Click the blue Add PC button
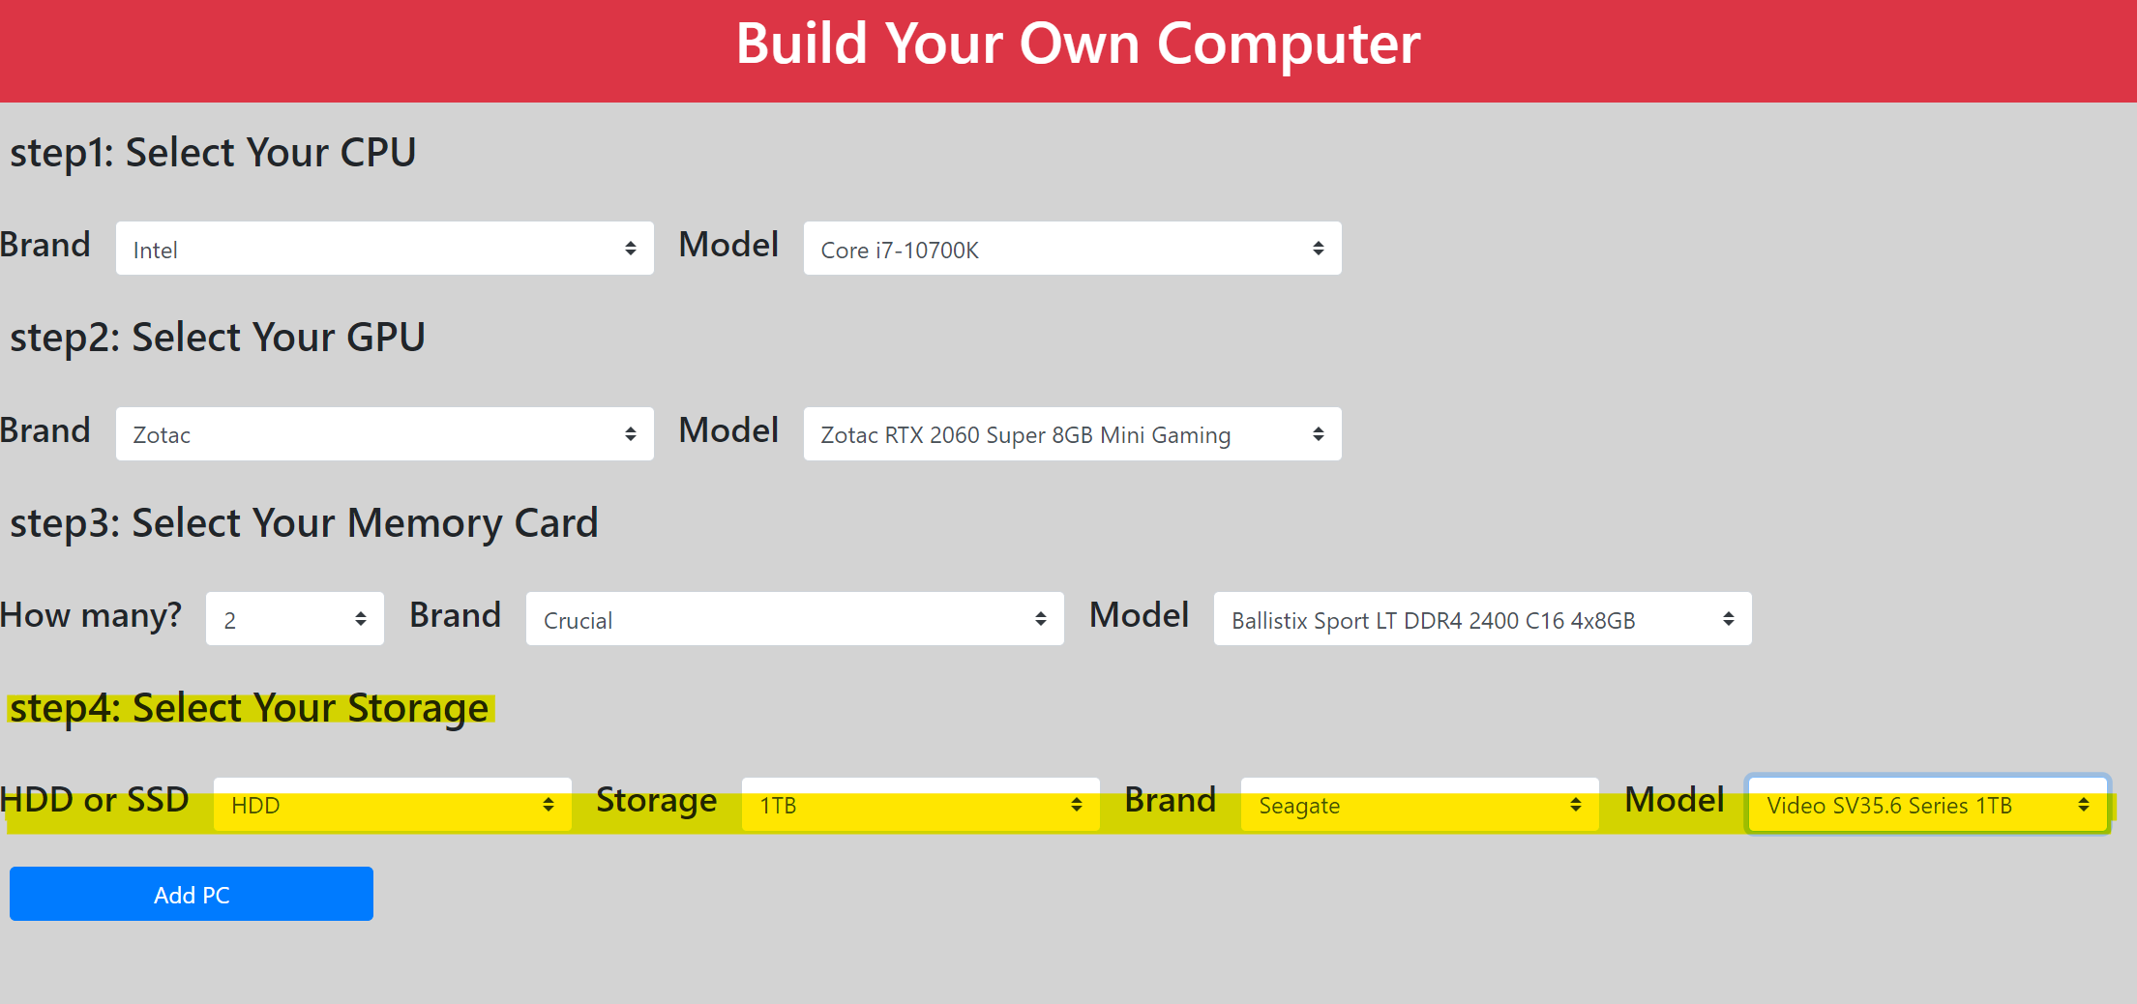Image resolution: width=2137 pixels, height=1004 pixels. (192, 894)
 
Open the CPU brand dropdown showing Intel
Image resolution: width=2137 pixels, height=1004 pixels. (385, 249)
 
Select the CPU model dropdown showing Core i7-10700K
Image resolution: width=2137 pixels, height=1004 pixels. (1072, 249)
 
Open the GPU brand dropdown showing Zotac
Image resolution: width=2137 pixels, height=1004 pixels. (385, 433)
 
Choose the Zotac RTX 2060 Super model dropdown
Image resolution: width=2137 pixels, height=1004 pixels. (1072, 433)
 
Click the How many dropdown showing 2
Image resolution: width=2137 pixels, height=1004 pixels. (295, 619)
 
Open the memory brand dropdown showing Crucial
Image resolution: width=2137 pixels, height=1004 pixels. (795, 619)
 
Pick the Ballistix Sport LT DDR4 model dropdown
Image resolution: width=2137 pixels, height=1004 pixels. (1482, 619)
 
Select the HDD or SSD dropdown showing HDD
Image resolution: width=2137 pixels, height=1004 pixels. (393, 805)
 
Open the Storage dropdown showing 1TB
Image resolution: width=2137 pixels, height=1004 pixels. (921, 805)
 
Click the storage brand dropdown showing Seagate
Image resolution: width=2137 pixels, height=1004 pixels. (1420, 805)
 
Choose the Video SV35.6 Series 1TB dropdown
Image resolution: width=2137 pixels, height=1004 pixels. (1928, 805)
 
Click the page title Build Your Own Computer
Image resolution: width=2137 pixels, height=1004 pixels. (1078, 44)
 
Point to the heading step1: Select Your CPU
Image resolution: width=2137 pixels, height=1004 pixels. (213, 153)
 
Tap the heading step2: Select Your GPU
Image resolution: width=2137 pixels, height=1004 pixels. (218, 338)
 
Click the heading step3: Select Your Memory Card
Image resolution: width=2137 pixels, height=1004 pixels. (304, 523)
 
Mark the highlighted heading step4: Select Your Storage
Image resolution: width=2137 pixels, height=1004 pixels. (250, 709)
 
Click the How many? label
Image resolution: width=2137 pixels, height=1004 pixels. (91, 615)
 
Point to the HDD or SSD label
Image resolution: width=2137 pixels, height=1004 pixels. (95, 800)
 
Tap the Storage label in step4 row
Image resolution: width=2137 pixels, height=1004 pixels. (657, 801)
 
